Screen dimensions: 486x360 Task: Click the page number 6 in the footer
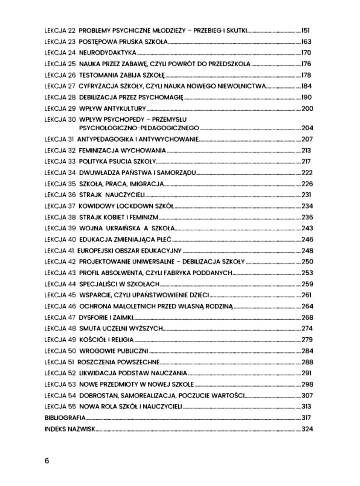pyautogui.click(x=47, y=460)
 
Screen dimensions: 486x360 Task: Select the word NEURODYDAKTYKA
pyautogui.click(x=107, y=53)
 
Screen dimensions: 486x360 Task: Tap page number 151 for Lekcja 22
pyautogui.click(x=306, y=31)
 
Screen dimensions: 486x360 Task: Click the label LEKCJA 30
pyautogui.click(x=60, y=119)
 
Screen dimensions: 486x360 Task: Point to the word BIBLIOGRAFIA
pyautogui.click(x=65, y=418)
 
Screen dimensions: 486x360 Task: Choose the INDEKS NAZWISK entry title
pyautogui.click(x=69, y=429)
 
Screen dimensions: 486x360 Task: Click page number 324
pyautogui.click(x=307, y=429)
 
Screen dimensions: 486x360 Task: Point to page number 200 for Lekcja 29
pyautogui.click(x=307, y=108)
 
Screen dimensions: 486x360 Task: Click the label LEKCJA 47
pyautogui.click(x=60, y=317)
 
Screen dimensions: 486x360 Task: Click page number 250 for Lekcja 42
pyautogui.click(x=307, y=261)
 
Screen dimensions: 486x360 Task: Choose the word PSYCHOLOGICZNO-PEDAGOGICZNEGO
pyautogui.click(x=139, y=128)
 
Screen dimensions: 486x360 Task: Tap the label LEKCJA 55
pyautogui.click(x=60, y=406)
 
